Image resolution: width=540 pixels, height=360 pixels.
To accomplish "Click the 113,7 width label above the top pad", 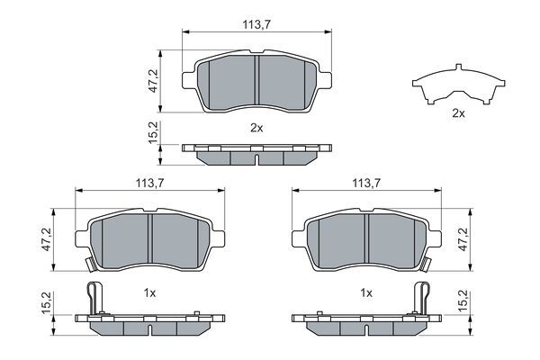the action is click(x=256, y=24).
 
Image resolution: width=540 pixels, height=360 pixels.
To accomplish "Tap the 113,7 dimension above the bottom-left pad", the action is click(x=149, y=183).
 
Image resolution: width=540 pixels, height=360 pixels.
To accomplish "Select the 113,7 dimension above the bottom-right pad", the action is click(x=366, y=183).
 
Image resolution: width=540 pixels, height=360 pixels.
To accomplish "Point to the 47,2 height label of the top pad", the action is click(x=153, y=81).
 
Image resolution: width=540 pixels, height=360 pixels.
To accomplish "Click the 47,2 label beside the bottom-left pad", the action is click(x=46, y=239).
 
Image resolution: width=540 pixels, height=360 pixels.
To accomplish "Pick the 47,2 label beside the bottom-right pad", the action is click(x=463, y=239).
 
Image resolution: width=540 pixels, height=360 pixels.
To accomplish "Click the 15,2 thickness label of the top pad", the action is click(x=153, y=132).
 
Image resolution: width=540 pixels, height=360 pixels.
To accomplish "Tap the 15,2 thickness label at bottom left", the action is click(x=46, y=302).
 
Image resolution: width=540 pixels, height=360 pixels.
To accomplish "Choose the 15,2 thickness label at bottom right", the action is click(x=463, y=302).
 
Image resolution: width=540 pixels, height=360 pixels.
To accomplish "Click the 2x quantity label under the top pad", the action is click(x=256, y=128).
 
